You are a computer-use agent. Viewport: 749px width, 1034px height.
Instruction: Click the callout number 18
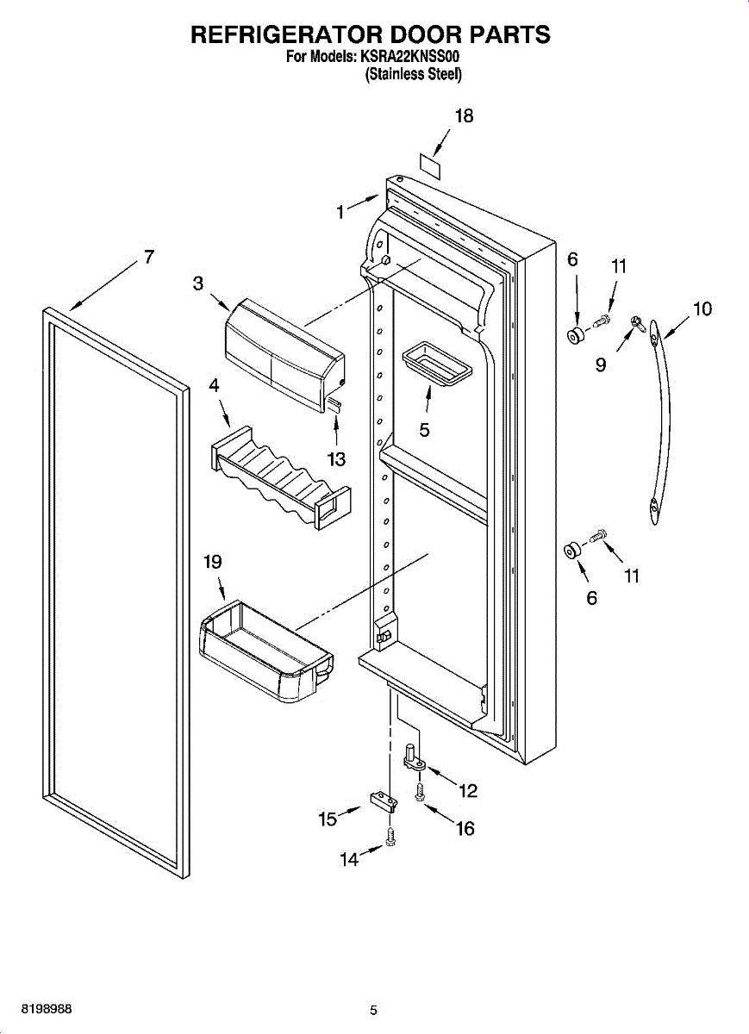coord(464,115)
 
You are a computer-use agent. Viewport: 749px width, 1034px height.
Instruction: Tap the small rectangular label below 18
coord(430,166)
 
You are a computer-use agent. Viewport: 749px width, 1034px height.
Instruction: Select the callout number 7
coord(149,257)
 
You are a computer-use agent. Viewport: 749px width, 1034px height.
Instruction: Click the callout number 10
coord(702,308)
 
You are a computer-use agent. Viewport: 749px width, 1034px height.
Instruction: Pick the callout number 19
coord(213,562)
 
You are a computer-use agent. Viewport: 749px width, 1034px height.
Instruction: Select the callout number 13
coord(336,458)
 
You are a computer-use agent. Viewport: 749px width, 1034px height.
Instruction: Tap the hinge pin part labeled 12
coord(415,757)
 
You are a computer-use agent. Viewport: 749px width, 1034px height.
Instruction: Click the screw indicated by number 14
coord(390,837)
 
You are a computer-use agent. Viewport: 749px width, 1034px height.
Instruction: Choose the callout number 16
coord(465,829)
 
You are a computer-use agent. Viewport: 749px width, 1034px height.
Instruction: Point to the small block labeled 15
coord(384,803)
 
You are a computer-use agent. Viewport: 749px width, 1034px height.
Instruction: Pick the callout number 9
coord(600,365)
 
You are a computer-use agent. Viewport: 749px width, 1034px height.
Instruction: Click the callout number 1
coord(340,212)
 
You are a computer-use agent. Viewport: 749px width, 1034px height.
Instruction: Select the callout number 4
coord(214,385)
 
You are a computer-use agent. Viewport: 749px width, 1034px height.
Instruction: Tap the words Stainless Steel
coord(414,74)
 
